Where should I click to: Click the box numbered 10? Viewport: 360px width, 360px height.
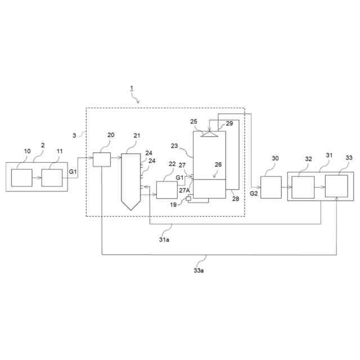(x=22, y=178)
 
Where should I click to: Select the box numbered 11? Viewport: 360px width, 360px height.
(x=51, y=178)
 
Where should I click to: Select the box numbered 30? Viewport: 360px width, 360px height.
(x=271, y=187)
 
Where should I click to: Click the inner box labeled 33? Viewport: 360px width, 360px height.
(x=336, y=186)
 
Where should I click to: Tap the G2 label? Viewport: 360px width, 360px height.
(x=254, y=193)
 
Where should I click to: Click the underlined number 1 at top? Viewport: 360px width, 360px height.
(x=131, y=88)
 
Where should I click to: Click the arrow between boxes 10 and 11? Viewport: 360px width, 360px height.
(x=37, y=178)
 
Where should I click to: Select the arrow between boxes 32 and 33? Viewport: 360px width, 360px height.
(x=319, y=186)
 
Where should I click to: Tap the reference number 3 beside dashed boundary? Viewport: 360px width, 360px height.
(x=75, y=136)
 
